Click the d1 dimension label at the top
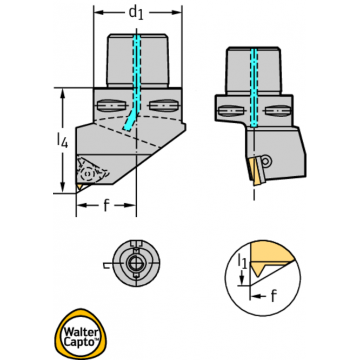[x=136, y=13]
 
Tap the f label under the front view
[x=106, y=205]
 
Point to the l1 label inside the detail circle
[x=242, y=261]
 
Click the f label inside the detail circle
[x=274, y=296]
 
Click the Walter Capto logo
[x=81, y=334]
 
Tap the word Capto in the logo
[x=79, y=342]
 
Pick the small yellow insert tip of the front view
[x=79, y=186]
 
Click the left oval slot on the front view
[x=112, y=106]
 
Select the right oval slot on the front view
[x=163, y=105]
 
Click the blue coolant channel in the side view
[x=254, y=88]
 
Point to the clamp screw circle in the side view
[x=265, y=161]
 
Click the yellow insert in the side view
[x=256, y=171]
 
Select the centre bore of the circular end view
[x=136, y=264]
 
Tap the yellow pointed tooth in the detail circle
[x=257, y=270]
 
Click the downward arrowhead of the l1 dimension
[x=242, y=281]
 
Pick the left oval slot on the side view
[x=231, y=111]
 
